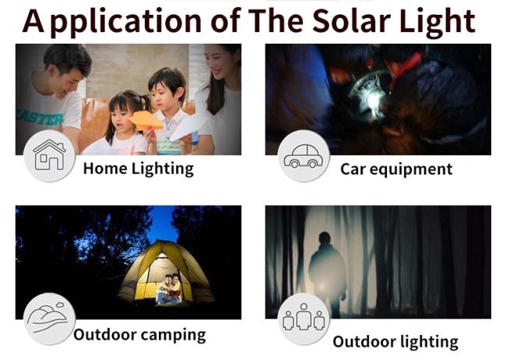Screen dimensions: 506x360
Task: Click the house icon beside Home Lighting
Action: pyautogui.click(x=49, y=155)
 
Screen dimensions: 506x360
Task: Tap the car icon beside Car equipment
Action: pyautogui.click(x=304, y=156)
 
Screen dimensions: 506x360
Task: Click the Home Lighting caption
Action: pyautogui.click(x=139, y=169)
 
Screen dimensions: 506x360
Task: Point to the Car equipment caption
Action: pyautogui.click(x=396, y=169)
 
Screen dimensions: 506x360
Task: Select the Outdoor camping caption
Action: pyautogui.click(x=139, y=334)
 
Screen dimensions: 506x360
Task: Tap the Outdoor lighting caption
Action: pyautogui.click(x=395, y=342)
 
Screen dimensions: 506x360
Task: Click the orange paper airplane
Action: pyautogui.click(x=146, y=121)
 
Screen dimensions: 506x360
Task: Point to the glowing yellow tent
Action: pyautogui.click(x=166, y=272)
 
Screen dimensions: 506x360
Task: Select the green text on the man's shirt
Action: pyautogui.click(x=40, y=116)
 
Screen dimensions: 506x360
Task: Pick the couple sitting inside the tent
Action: pyautogui.click(x=169, y=288)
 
